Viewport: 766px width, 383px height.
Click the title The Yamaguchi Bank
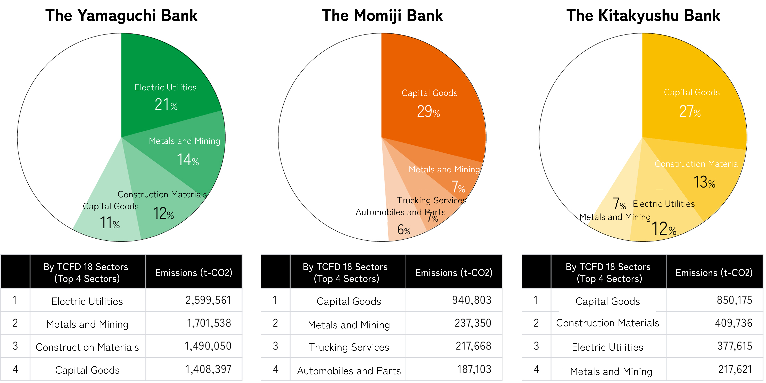coord(121,15)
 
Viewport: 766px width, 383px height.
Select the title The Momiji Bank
coord(382,15)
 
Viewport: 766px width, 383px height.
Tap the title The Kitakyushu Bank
coord(643,15)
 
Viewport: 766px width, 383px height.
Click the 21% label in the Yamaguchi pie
coord(166,105)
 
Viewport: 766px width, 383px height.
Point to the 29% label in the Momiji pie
coord(428,112)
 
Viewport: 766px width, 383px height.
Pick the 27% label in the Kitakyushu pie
coord(690,112)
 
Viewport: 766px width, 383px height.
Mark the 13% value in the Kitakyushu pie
coord(704,182)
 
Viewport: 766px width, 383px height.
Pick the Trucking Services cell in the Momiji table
coord(349,347)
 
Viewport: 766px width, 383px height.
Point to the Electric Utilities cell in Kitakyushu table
coord(607,347)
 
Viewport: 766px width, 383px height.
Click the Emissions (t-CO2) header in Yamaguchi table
coord(194,272)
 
